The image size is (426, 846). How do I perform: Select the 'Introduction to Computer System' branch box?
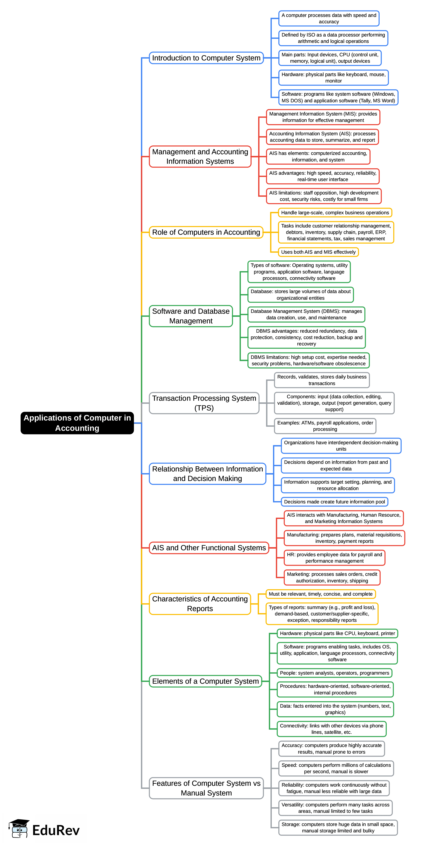206,58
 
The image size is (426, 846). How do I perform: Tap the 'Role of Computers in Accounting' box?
206,232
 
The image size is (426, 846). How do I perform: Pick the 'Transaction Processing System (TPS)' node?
204,403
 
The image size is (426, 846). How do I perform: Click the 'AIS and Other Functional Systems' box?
209,548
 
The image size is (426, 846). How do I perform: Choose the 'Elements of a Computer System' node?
205,681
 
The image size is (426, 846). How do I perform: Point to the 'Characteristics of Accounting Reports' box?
200,604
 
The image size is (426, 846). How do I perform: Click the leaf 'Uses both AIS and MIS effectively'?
318,252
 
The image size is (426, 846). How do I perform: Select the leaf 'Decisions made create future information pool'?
334,502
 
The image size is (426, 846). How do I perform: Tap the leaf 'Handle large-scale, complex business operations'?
335,212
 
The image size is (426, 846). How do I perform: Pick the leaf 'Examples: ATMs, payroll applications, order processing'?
325,426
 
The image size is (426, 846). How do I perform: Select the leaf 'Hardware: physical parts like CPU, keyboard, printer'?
337,633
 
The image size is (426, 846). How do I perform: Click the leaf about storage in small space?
338,827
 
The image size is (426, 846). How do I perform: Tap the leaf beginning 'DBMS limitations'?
308,360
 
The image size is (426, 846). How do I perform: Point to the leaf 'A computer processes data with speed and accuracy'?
329,18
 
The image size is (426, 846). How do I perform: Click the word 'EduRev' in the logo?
56,830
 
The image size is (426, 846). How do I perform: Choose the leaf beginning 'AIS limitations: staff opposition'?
324,196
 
